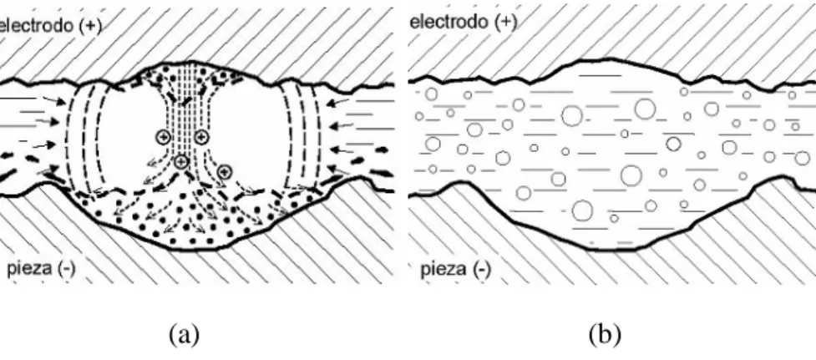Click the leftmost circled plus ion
(x=163, y=137)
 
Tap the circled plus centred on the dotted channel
(x=180, y=162)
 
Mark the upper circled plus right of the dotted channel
(x=201, y=137)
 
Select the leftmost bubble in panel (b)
(x=419, y=116)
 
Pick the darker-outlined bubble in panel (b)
(x=673, y=144)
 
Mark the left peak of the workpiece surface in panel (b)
(x=459, y=182)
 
